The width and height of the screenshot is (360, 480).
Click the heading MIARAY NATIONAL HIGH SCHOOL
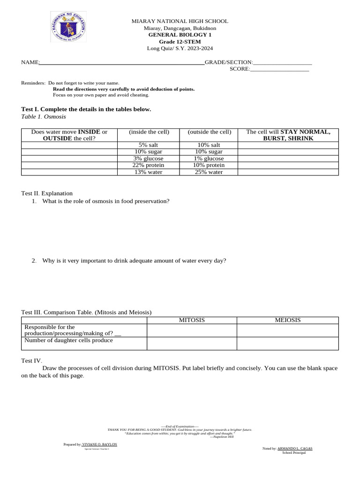(x=180, y=21)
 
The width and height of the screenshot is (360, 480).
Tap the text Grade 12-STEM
(x=180, y=42)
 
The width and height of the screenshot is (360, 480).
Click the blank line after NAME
(x=122, y=63)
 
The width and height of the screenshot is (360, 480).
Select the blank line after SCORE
(x=280, y=69)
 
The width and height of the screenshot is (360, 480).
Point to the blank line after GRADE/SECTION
(x=283, y=63)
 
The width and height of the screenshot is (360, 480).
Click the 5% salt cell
(x=148, y=145)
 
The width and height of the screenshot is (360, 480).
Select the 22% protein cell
(x=148, y=165)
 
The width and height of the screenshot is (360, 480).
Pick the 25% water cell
(x=209, y=172)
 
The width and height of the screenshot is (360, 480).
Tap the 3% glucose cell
(x=148, y=158)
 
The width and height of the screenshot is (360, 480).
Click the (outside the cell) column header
(x=209, y=132)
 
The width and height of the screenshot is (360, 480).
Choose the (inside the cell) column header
(x=149, y=132)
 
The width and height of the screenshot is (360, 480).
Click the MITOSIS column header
(x=192, y=320)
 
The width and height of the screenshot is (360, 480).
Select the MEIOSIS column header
(x=287, y=320)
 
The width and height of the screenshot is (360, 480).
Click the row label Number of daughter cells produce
(x=68, y=340)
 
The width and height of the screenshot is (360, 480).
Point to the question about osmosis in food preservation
(x=105, y=201)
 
